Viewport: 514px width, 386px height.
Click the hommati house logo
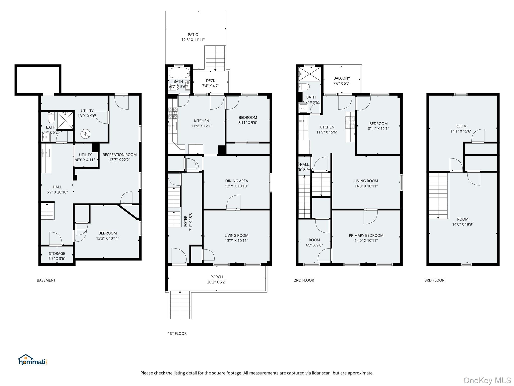(x=33, y=360)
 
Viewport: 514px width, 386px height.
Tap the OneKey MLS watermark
(x=487, y=380)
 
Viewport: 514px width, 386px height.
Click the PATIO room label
(x=193, y=35)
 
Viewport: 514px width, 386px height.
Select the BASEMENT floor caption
(x=46, y=280)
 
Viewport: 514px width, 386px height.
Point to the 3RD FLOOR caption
(x=434, y=280)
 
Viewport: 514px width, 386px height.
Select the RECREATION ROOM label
(x=120, y=155)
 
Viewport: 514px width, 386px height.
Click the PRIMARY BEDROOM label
(x=366, y=235)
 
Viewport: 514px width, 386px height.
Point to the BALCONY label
(x=342, y=78)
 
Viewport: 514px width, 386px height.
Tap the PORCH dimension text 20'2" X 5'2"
(x=217, y=282)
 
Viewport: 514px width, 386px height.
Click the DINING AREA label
(x=237, y=181)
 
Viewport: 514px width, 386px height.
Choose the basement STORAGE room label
(x=57, y=254)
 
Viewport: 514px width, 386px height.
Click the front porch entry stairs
(x=179, y=305)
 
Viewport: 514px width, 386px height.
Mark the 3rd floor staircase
(x=438, y=195)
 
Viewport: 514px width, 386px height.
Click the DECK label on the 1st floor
(x=211, y=81)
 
